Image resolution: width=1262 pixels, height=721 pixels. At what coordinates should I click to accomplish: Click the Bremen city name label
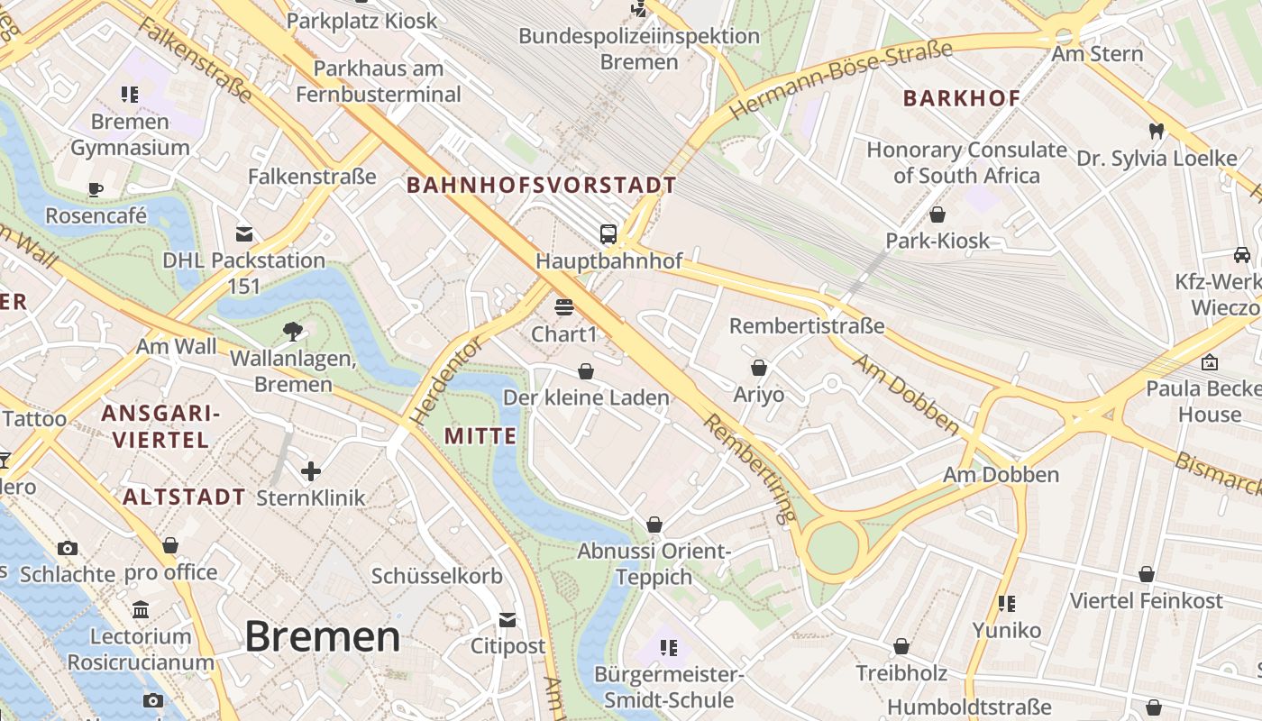(322, 636)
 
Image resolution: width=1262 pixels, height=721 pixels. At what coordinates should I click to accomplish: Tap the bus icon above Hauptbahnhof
(608, 234)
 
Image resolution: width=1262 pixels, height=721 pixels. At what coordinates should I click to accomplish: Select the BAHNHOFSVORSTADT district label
(541, 186)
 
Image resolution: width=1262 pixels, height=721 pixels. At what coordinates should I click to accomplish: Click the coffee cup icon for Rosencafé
(96, 189)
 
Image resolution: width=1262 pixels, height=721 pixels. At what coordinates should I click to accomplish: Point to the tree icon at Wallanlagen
(292, 332)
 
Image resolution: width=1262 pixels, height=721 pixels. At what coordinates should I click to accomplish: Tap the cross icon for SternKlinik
(311, 470)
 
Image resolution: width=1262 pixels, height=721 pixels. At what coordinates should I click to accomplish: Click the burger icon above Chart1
(564, 307)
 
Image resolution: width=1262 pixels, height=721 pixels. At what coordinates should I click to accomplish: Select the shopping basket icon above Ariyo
(758, 368)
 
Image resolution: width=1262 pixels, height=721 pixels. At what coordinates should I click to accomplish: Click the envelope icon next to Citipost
(508, 620)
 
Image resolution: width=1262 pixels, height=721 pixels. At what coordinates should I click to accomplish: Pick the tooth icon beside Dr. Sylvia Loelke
(1157, 132)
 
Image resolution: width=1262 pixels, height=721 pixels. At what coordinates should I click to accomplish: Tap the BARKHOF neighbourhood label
(962, 99)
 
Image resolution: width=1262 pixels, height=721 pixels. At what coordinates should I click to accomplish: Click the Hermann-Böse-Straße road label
(840, 79)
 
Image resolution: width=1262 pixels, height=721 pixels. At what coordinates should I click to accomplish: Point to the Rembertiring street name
(750, 468)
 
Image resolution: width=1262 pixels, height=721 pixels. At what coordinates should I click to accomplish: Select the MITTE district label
(480, 437)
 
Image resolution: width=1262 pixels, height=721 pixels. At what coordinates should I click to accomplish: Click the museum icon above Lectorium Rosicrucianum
(141, 610)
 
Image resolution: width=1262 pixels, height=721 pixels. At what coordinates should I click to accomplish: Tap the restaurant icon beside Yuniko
(1006, 603)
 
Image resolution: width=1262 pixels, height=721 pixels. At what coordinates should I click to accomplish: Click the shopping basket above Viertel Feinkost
(1146, 574)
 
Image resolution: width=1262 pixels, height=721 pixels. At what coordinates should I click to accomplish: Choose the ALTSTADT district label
(184, 497)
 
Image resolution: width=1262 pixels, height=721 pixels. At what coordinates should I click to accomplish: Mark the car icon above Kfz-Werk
(1241, 255)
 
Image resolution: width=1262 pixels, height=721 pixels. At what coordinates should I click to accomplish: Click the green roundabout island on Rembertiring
(833, 545)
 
